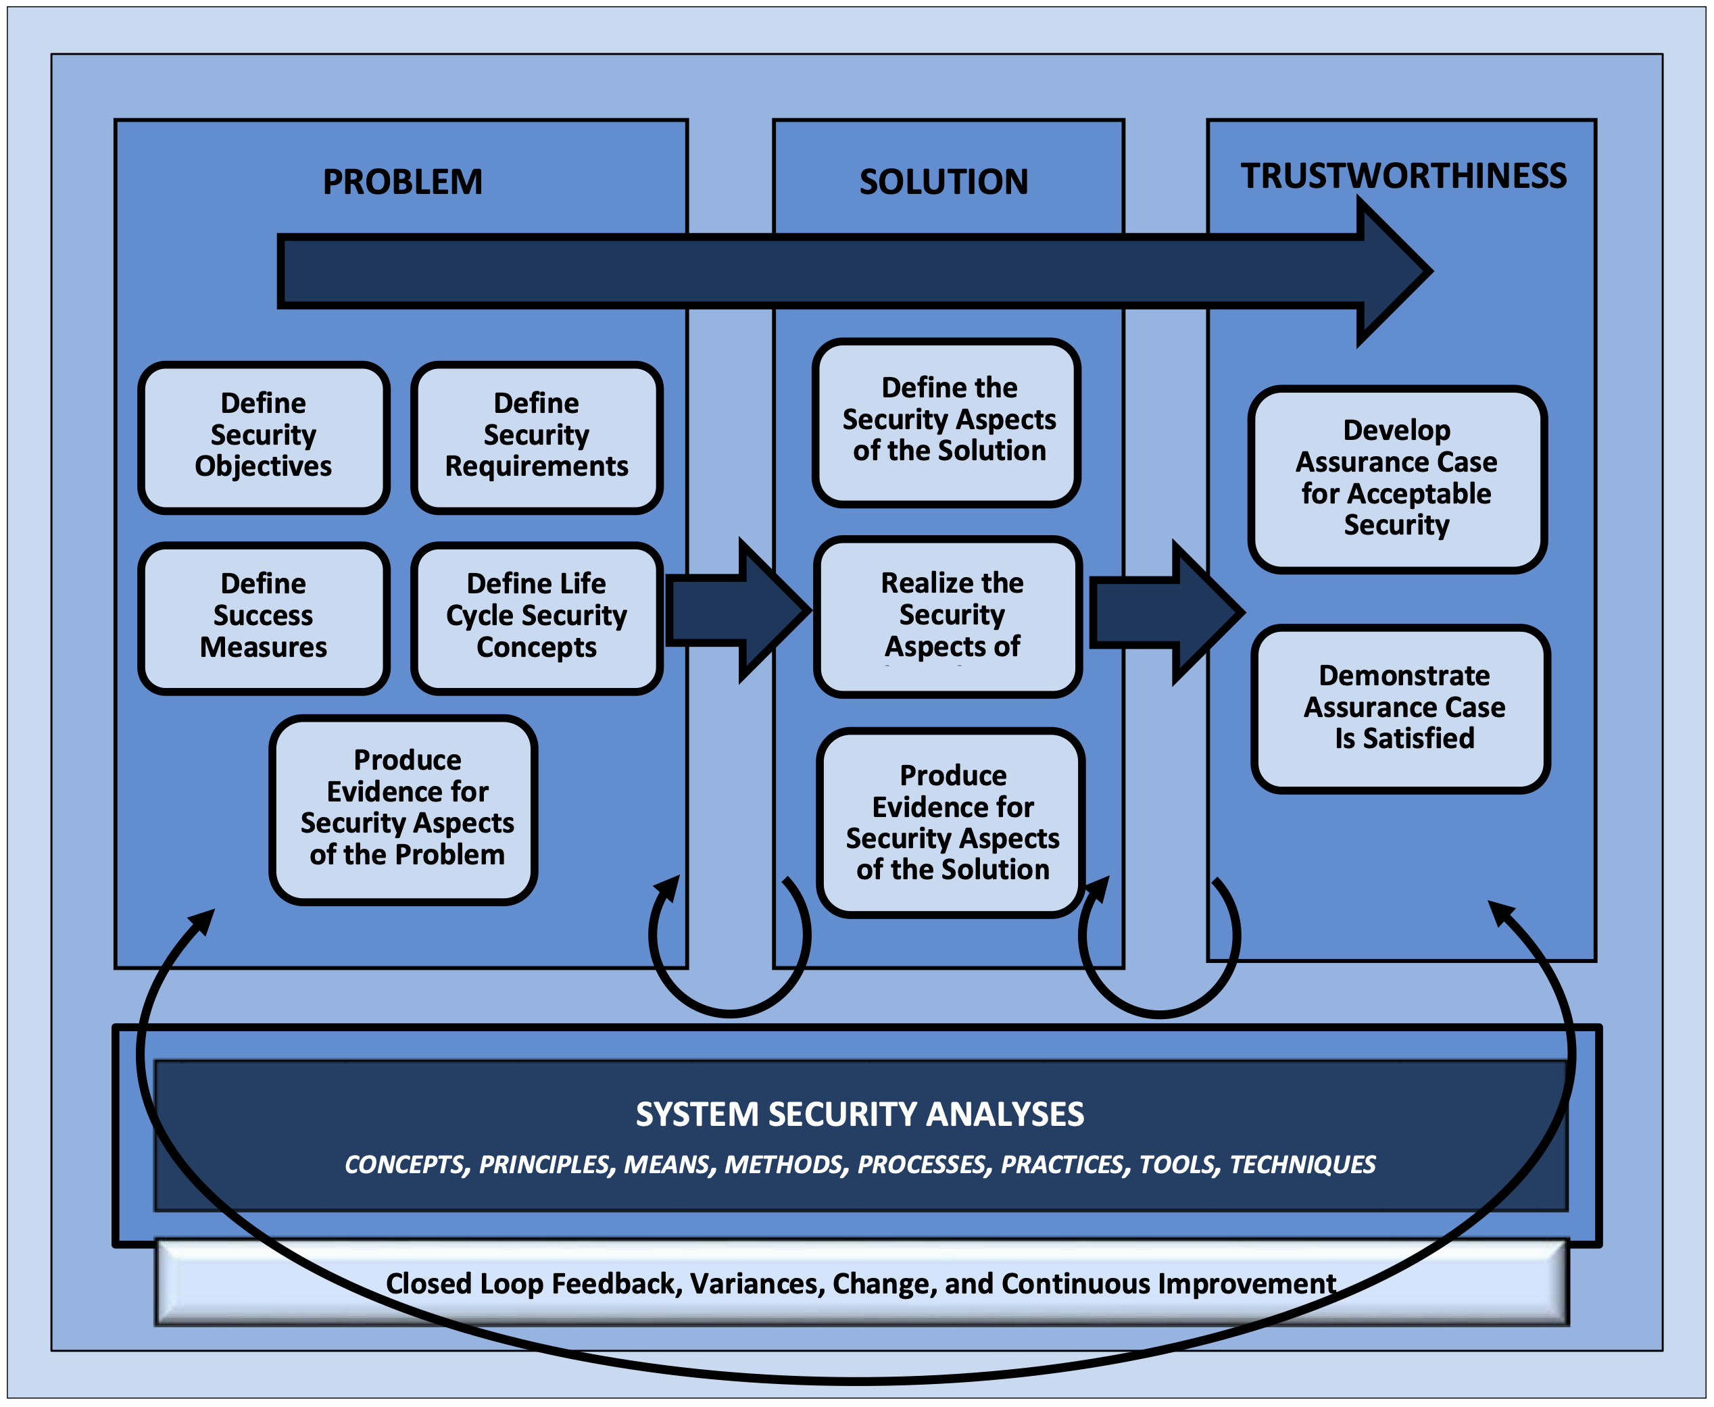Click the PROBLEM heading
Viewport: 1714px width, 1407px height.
coord(402,182)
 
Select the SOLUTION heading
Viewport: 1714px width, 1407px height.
coord(944,182)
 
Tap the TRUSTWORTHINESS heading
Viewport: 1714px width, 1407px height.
coord(1403,176)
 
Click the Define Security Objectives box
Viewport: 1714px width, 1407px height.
coord(264,437)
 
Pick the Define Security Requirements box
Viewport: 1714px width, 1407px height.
coord(536,437)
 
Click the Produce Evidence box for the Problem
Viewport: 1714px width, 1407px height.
coord(406,808)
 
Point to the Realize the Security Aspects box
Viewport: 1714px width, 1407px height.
coord(949,616)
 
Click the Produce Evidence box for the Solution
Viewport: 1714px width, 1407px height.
coord(952,822)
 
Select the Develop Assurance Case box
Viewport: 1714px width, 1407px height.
coord(1396,478)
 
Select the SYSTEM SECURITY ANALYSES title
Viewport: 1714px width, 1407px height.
coord(859,1114)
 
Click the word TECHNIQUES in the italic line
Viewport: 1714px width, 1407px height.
coord(1302,1164)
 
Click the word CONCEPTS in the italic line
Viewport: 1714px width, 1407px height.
coord(406,1164)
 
